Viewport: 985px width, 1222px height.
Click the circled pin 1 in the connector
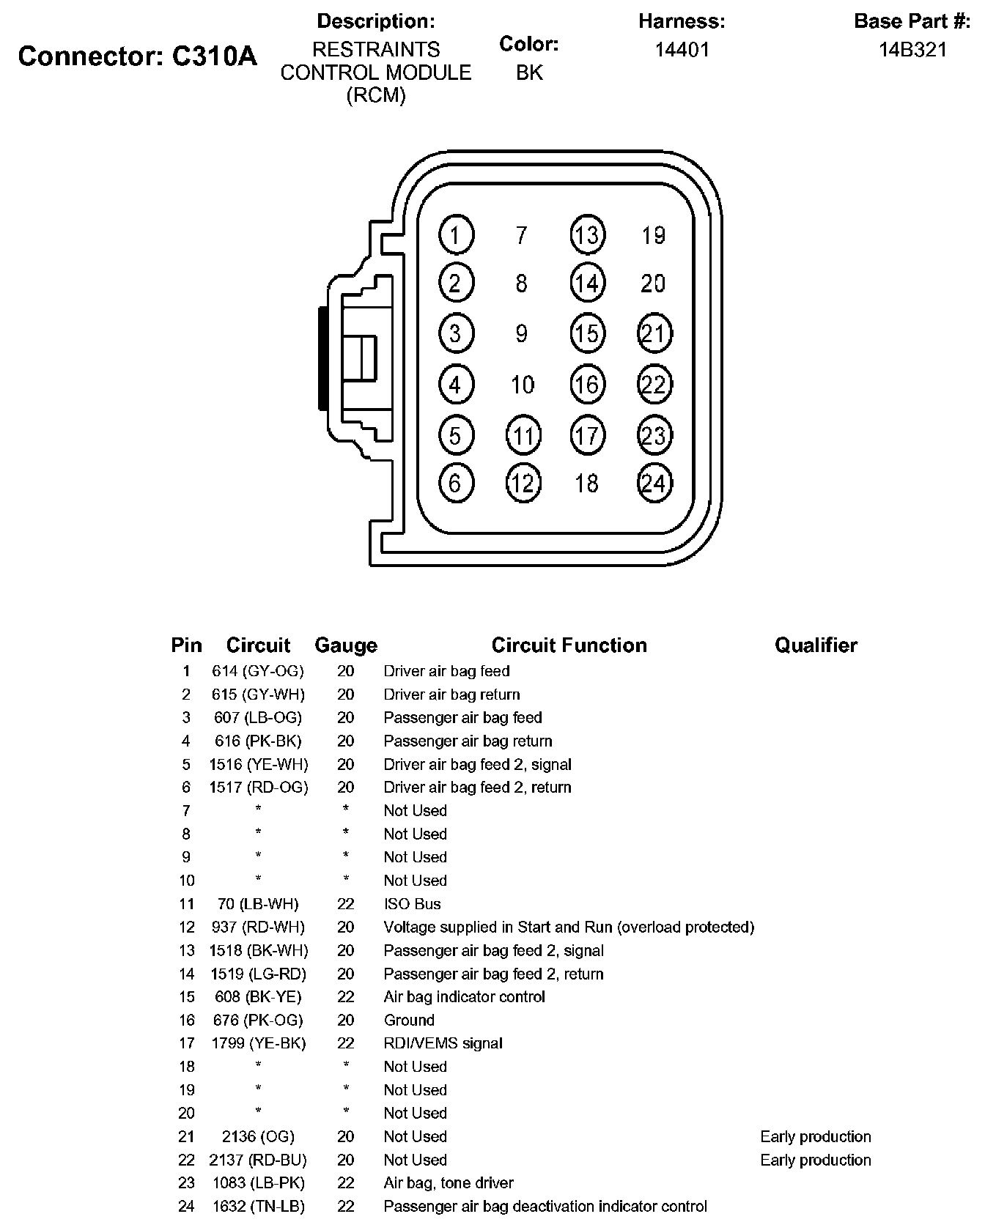click(x=456, y=235)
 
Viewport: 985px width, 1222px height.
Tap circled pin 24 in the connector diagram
click(x=654, y=483)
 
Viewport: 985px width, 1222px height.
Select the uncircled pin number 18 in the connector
click(x=586, y=483)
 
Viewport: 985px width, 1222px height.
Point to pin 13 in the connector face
click(x=587, y=235)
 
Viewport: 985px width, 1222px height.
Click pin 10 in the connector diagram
click(x=522, y=385)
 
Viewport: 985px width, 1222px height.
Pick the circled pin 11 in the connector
click(x=523, y=436)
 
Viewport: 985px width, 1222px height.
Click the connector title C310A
click(x=138, y=56)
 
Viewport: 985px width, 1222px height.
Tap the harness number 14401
click(x=682, y=50)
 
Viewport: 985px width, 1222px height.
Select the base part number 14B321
click(x=912, y=50)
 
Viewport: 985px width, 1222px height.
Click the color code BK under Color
click(x=529, y=73)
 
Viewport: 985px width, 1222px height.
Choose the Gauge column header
click(x=346, y=645)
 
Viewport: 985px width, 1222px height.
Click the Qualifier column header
click(x=816, y=645)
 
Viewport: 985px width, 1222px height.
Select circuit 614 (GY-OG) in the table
click(x=258, y=671)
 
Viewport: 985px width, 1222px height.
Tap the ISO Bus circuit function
click(x=412, y=904)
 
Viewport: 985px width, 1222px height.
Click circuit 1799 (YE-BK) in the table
click(x=258, y=1043)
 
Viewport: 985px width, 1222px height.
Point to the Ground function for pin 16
click(x=409, y=1020)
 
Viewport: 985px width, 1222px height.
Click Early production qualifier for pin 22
click(x=816, y=1160)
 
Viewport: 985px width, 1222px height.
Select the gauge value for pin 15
click(x=346, y=997)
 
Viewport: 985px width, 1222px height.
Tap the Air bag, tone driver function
click(x=449, y=1183)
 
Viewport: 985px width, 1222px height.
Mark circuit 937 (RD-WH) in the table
click(x=258, y=927)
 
